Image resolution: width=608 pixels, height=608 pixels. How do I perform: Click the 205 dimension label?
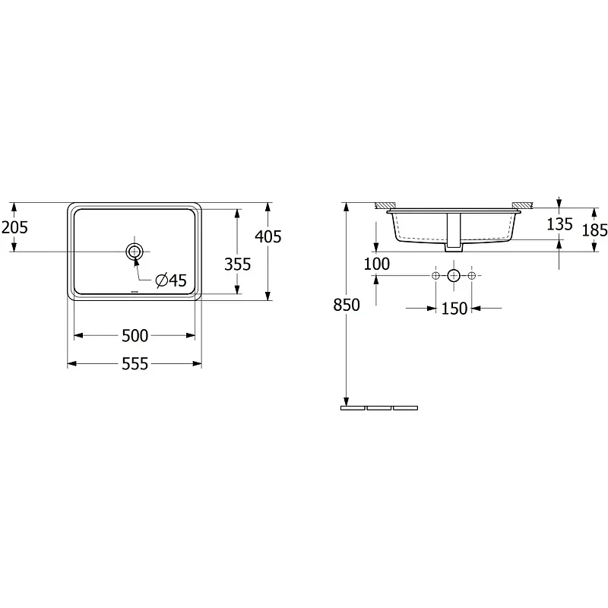point(14,227)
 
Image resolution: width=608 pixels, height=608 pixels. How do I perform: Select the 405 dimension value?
point(268,236)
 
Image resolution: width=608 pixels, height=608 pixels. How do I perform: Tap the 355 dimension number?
point(237,264)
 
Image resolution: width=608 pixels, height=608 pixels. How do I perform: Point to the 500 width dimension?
point(135,336)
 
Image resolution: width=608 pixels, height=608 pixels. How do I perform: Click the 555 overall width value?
point(135,364)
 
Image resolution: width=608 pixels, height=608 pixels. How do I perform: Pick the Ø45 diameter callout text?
point(171,280)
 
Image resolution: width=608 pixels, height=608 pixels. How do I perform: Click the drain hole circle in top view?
point(135,252)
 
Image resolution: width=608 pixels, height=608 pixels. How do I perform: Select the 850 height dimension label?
point(347,306)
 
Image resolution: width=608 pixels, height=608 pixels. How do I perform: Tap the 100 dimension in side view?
point(376,264)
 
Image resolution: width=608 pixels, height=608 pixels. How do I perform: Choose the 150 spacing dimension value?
point(454,309)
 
